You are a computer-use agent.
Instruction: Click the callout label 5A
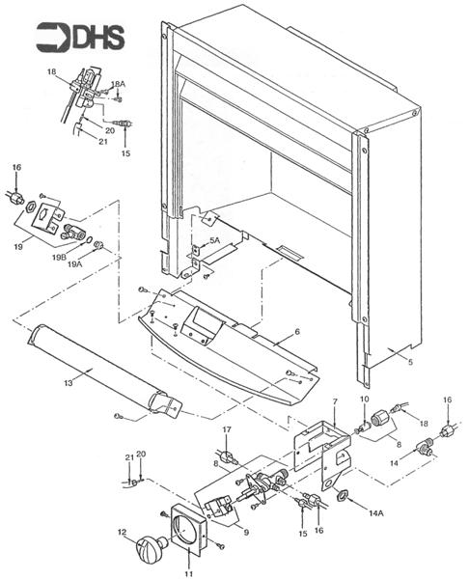click(214, 240)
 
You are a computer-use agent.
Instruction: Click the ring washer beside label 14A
click(342, 496)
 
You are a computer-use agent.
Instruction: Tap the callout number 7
click(334, 401)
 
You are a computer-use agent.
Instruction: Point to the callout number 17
click(228, 429)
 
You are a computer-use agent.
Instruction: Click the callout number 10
click(365, 400)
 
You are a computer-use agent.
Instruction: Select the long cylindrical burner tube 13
click(97, 372)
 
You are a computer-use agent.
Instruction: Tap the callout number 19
click(19, 247)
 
